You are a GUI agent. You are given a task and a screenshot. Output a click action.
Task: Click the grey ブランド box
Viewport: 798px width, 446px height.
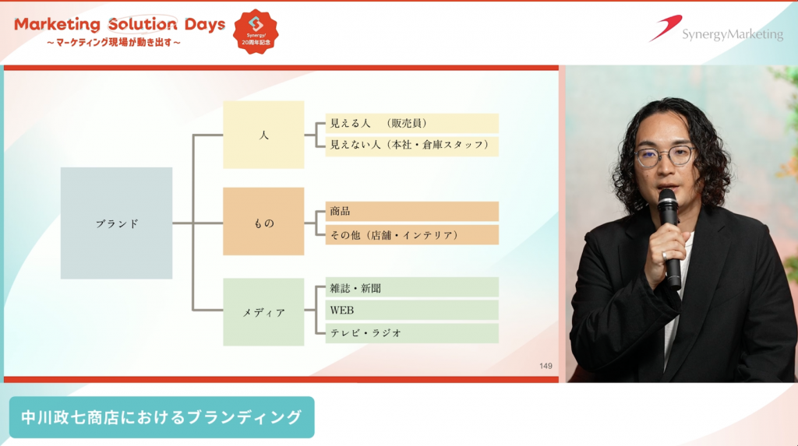click(117, 223)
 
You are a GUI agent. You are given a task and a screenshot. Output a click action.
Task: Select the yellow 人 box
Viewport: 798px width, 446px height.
click(263, 135)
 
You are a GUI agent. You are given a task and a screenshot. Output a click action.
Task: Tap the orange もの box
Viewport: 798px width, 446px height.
click(263, 221)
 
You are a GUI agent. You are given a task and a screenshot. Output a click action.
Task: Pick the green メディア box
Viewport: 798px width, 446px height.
click(263, 312)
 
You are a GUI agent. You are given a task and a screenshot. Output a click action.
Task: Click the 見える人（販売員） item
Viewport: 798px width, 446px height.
click(411, 123)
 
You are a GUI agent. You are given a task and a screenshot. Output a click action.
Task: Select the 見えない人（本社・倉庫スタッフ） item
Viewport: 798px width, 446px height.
click(411, 146)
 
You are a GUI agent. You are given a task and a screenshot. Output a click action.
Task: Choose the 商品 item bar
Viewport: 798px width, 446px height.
click(411, 211)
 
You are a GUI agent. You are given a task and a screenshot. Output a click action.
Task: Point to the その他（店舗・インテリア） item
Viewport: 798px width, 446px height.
click(411, 235)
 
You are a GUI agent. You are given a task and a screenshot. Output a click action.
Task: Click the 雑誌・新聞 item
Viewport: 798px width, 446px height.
click(411, 287)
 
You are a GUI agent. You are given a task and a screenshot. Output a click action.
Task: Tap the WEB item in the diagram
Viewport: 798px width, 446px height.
click(411, 311)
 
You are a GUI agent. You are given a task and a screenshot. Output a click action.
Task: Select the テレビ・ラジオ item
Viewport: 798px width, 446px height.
click(411, 333)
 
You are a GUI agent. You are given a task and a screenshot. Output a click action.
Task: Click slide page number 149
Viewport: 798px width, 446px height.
click(546, 366)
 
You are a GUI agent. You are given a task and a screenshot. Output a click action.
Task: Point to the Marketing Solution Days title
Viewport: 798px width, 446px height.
click(119, 24)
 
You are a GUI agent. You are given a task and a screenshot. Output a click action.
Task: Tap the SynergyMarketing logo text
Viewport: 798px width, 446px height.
click(733, 34)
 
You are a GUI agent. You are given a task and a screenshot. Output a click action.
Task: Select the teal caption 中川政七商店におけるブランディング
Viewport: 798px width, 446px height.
click(162, 417)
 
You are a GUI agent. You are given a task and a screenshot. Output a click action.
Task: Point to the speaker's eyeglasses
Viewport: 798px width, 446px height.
click(665, 156)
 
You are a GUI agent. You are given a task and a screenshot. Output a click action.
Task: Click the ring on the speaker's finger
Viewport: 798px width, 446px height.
click(665, 255)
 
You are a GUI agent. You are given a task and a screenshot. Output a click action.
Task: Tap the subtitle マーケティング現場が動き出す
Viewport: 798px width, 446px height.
click(114, 43)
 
